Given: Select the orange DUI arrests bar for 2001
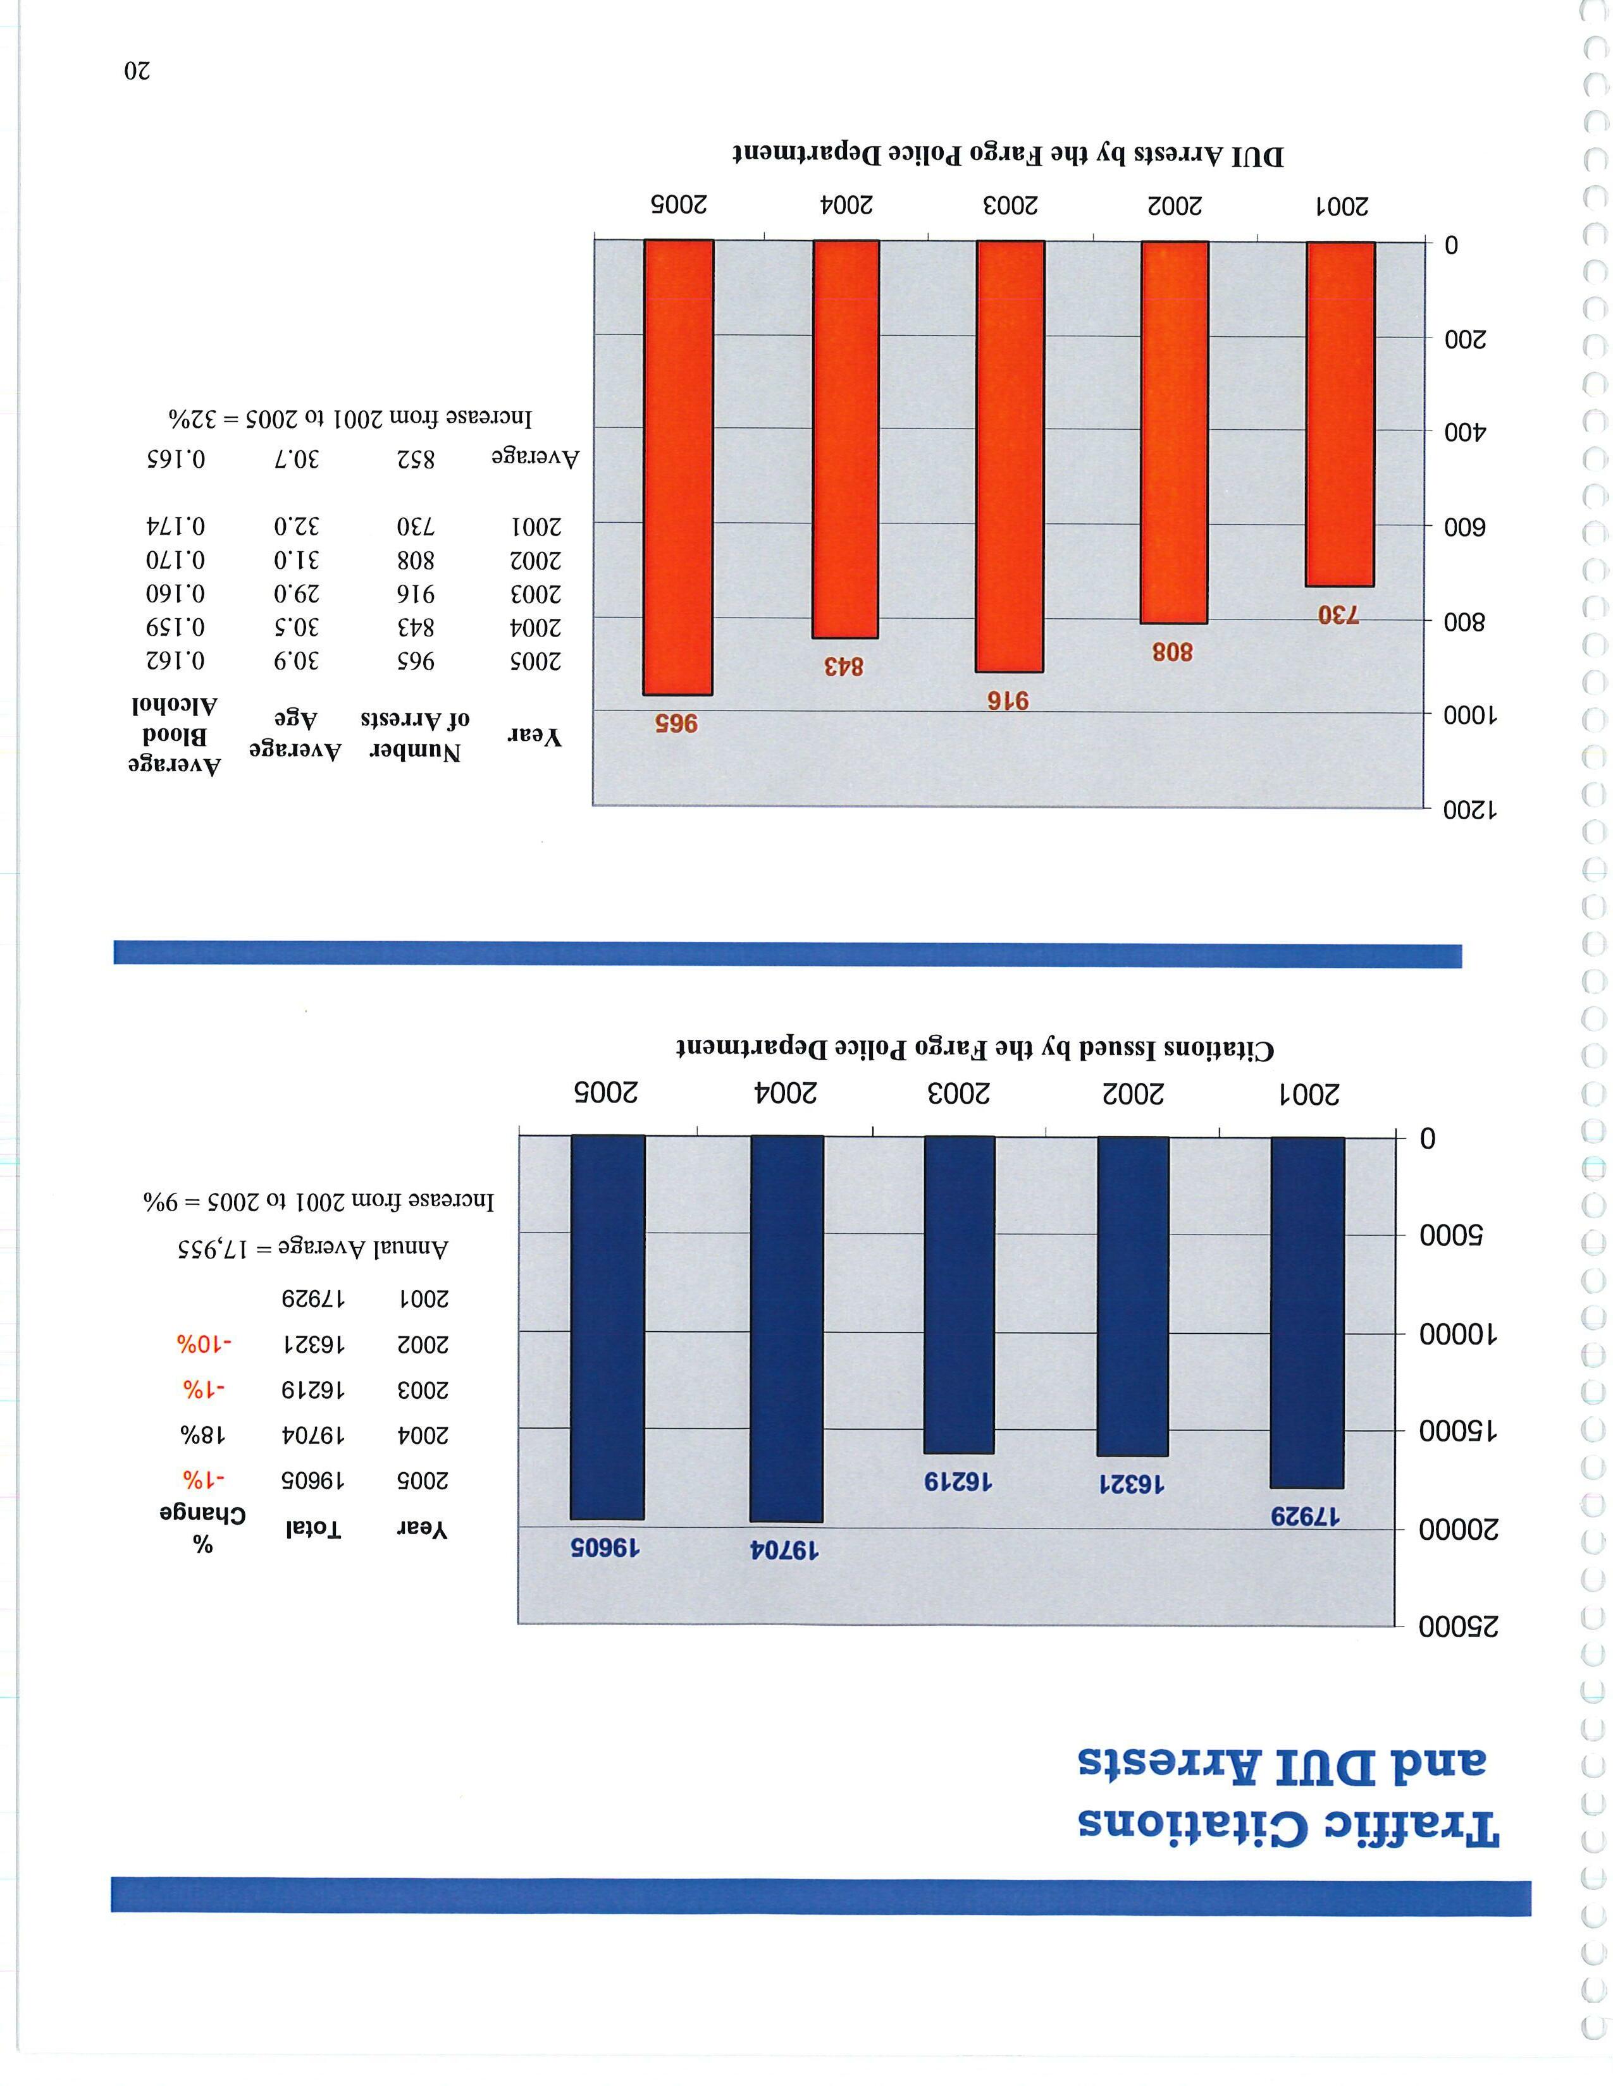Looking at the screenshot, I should tap(1340, 413).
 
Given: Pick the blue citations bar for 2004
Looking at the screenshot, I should tap(786, 1327).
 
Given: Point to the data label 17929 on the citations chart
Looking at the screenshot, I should tap(1306, 1516).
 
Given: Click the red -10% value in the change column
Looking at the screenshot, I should tap(204, 1345).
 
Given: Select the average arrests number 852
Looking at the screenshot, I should tap(416, 460).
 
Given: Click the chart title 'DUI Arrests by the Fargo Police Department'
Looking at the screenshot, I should tap(1008, 155).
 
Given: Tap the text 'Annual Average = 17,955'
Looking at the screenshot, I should tap(312, 1247).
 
